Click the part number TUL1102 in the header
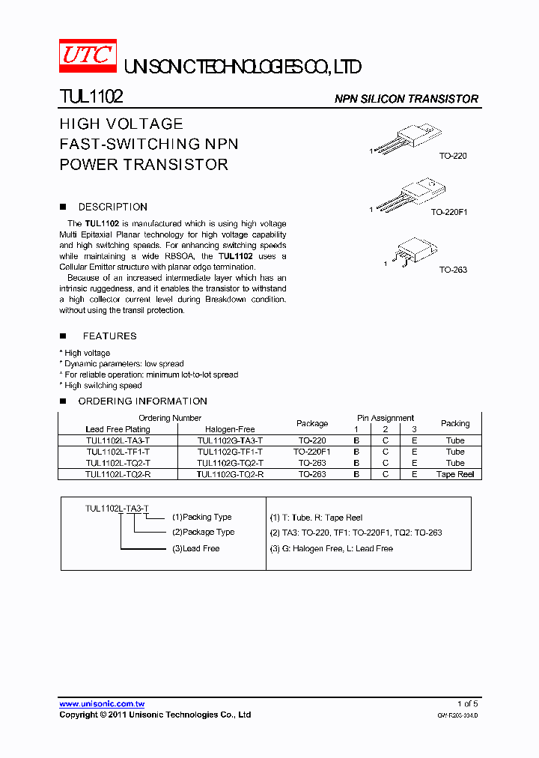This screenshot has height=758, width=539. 91,97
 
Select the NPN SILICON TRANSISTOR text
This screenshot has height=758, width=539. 406,99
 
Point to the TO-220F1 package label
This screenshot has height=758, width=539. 448,212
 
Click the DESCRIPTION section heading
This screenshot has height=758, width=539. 112,207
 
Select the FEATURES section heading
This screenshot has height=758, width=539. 109,336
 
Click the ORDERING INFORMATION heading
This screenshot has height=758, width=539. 142,401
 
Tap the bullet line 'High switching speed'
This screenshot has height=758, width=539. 103,385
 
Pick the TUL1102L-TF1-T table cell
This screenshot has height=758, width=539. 118,452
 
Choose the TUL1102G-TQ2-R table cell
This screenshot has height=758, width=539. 230,474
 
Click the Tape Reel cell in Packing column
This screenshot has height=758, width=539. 454,474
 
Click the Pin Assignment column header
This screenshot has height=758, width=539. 385,418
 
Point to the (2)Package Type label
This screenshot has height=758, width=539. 203,532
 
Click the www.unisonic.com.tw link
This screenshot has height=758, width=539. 102,704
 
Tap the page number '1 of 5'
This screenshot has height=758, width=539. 467,703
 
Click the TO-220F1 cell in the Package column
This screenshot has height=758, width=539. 312,452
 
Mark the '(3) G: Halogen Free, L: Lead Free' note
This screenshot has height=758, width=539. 331,548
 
